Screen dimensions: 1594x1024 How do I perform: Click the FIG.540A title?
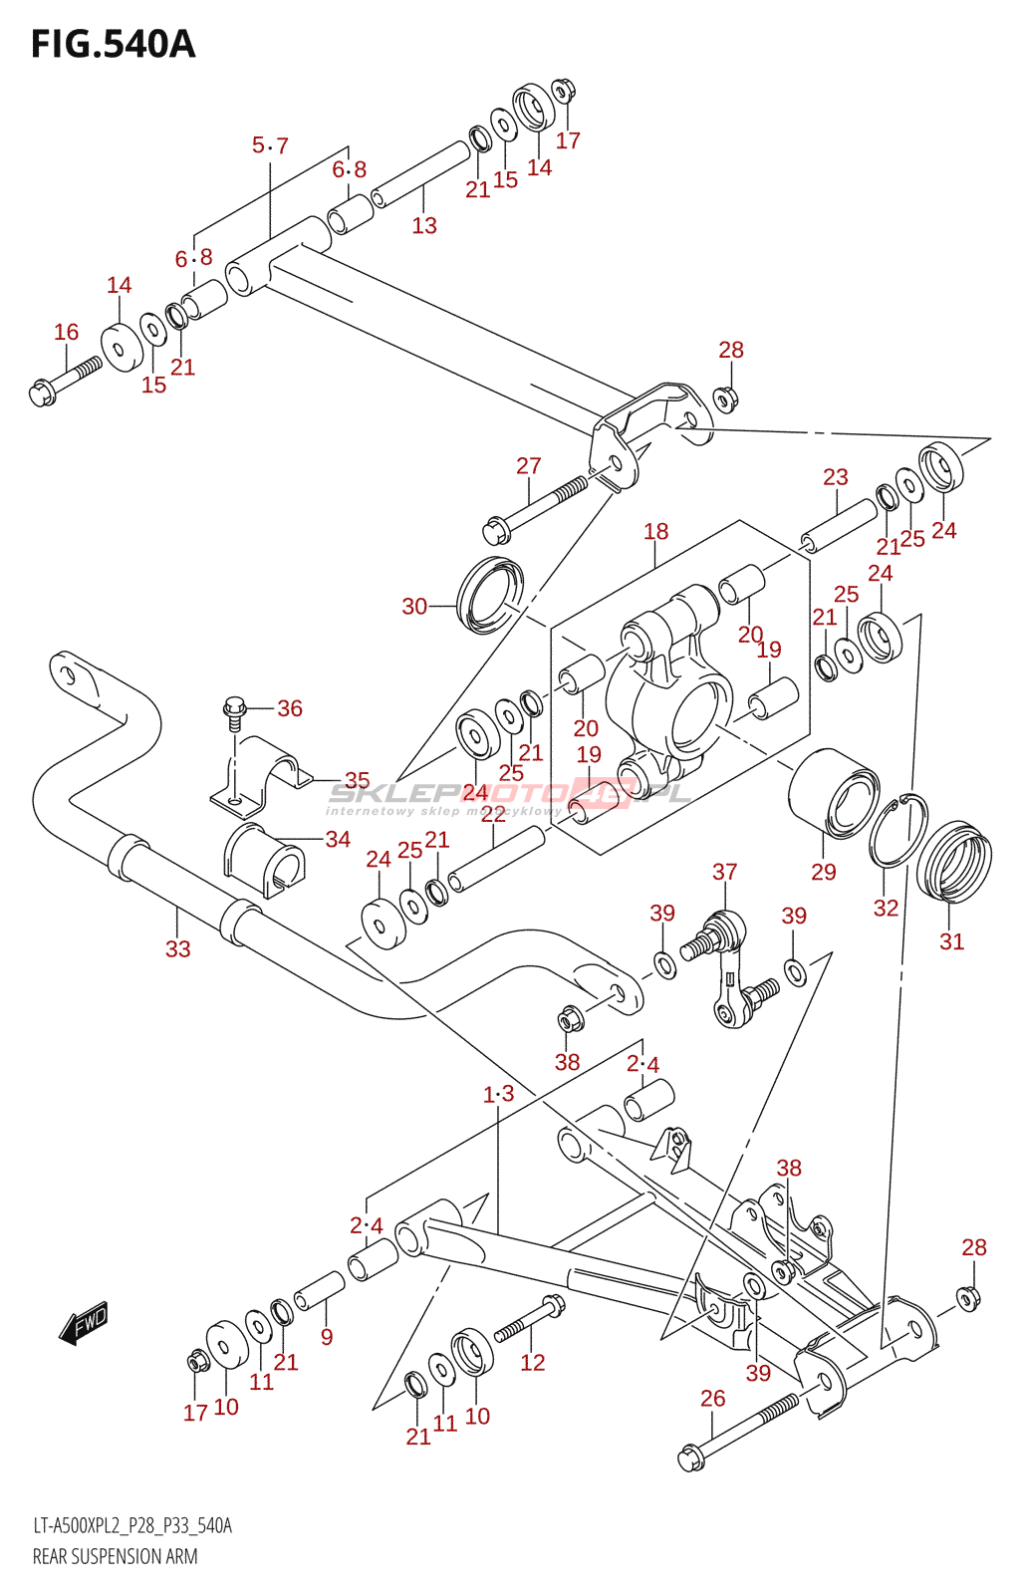pyautogui.click(x=113, y=44)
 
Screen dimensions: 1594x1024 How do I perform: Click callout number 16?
pyautogui.click(x=66, y=332)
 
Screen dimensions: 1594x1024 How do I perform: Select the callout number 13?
pyautogui.click(x=424, y=225)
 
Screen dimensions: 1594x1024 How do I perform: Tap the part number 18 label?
pyautogui.click(x=655, y=531)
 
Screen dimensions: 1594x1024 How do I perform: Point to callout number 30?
pyautogui.click(x=414, y=606)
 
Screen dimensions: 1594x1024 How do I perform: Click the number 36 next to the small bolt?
pyautogui.click(x=290, y=708)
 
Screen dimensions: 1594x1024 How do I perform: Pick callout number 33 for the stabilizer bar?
pyautogui.click(x=177, y=948)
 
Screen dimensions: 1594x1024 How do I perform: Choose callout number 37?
pyautogui.click(x=724, y=872)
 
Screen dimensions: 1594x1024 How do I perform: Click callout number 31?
pyautogui.click(x=951, y=941)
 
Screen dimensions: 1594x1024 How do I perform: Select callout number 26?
pyautogui.click(x=712, y=1399)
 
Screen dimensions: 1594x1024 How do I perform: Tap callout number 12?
pyautogui.click(x=533, y=1362)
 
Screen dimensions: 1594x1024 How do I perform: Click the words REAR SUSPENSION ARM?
pyautogui.click(x=116, y=1556)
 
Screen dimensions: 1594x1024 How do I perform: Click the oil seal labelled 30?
pyautogui.click(x=489, y=596)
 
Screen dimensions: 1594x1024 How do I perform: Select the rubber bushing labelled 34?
pyautogui.click(x=262, y=859)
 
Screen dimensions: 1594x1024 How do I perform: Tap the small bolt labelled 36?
pyautogui.click(x=233, y=713)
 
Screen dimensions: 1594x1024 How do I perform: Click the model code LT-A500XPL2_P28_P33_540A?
pyautogui.click(x=132, y=1525)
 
